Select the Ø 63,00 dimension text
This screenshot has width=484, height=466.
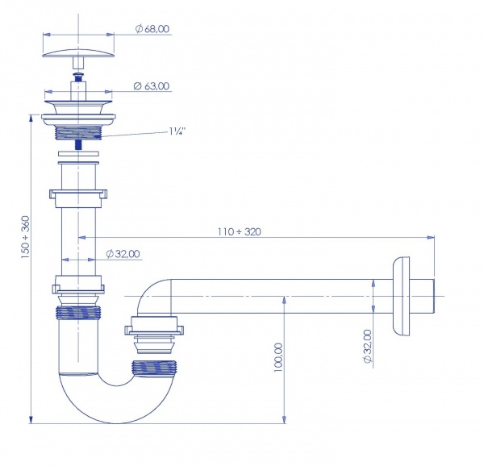151,85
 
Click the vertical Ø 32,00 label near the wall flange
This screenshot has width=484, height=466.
367,346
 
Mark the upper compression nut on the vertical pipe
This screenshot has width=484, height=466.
79,196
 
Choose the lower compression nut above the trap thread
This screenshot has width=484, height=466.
79,285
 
